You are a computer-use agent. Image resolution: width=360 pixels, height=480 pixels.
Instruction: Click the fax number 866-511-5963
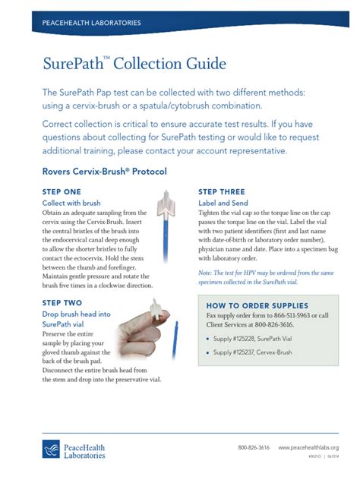pyautogui.click(x=304, y=316)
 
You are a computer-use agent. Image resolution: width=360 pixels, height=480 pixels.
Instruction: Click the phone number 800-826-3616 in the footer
pyautogui.click(x=254, y=448)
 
